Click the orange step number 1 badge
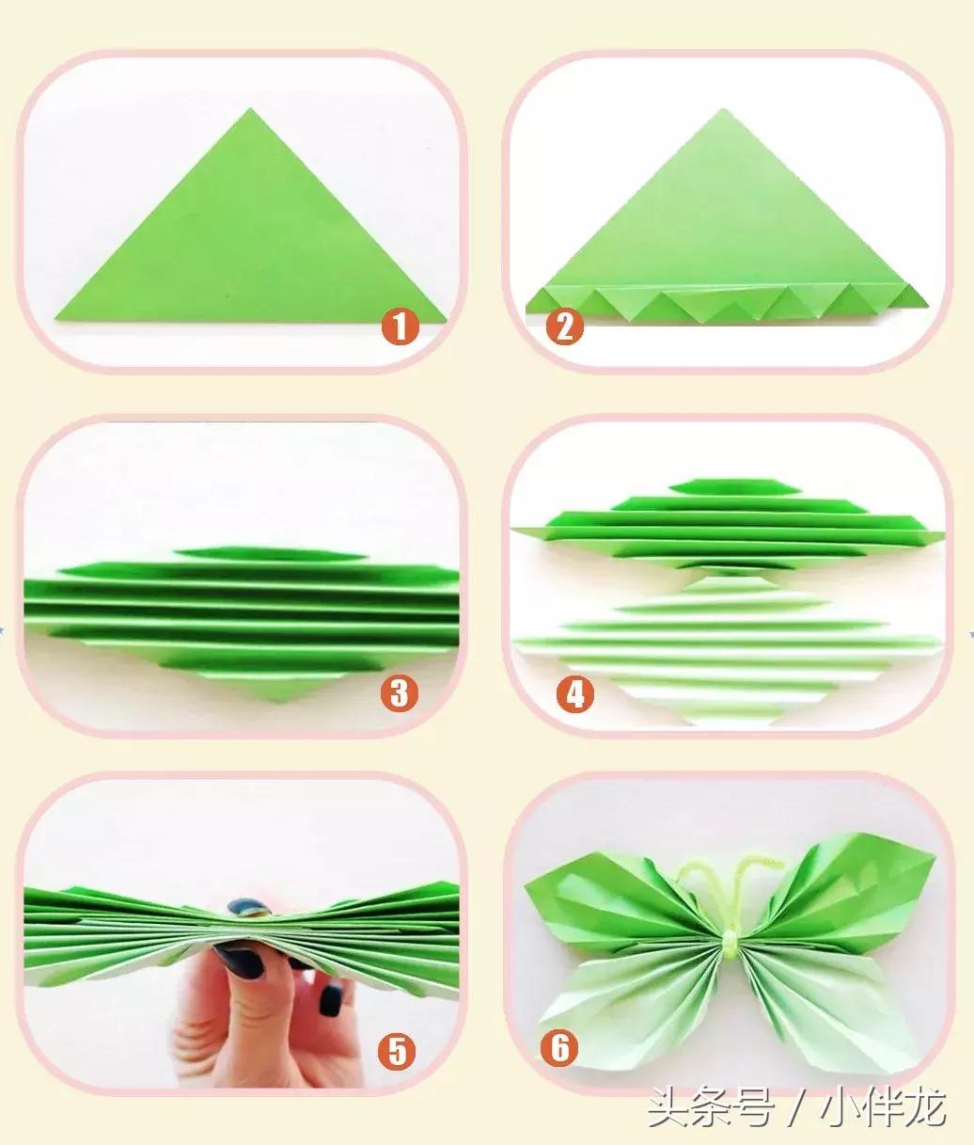pyautogui.click(x=400, y=326)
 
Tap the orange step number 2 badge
pyautogui.click(x=564, y=326)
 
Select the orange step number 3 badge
pyautogui.click(x=400, y=692)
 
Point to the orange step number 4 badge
pyautogui.click(x=575, y=694)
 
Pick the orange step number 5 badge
pyautogui.click(x=396, y=1051)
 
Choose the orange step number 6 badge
pyautogui.click(x=559, y=1047)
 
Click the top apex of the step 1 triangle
pyautogui.click(x=250, y=108)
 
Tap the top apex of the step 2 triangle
pyautogui.click(x=723, y=110)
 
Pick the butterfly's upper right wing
pyautogui.click(x=841, y=892)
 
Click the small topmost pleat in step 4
pyautogui.click(x=736, y=487)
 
